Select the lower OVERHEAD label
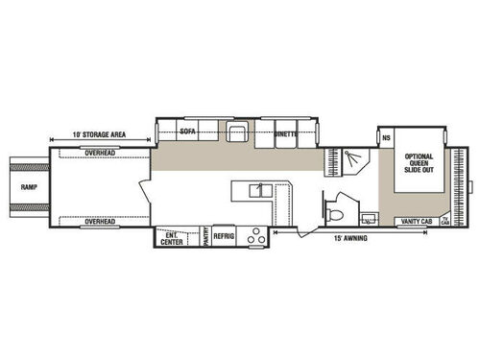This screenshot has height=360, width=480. (100, 222)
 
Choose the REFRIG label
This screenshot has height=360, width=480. (225, 236)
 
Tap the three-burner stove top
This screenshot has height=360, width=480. (255, 238)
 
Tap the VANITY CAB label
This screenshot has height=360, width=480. (415, 223)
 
